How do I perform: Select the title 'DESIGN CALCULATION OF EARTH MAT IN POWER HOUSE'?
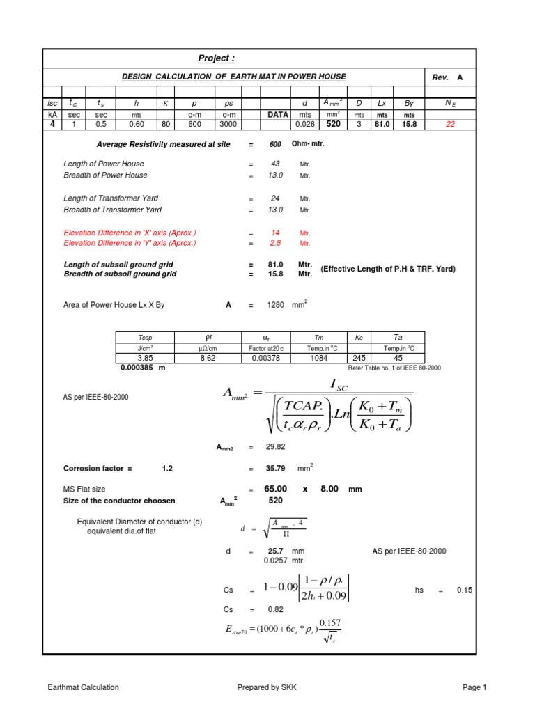click(x=234, y=77)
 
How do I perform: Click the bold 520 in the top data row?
click(x=334, y=124)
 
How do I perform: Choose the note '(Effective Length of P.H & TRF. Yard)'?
click(x=388, y=269)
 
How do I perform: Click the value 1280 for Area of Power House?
click(x=277, y=305)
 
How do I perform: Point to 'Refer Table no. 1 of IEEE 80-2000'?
click(x=394, y=368)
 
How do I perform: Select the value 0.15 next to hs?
click(x=464, y=590)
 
